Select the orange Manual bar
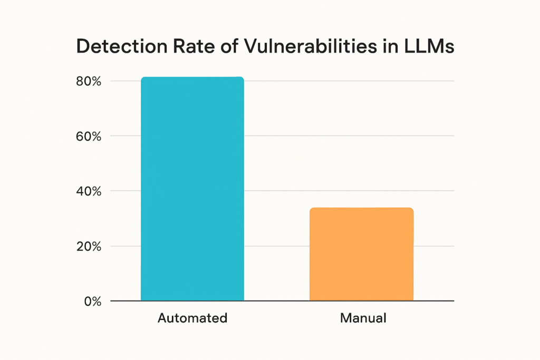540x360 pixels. (361, 254)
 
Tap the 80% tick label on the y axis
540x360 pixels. (89, 81)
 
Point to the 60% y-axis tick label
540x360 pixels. (89, 136)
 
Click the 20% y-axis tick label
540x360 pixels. (89, 246)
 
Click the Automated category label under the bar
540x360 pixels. (192, 318)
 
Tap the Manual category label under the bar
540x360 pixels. (363, 318)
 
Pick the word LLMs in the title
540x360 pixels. (426, 47)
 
